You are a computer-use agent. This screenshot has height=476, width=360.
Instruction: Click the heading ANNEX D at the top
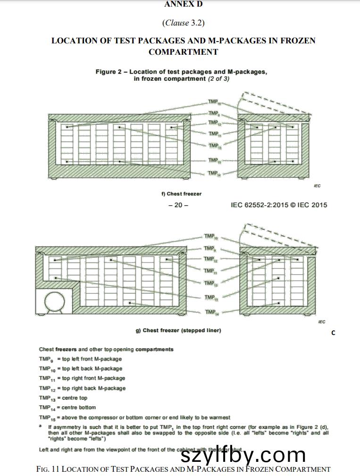pyautogui.click(x=183, y=4)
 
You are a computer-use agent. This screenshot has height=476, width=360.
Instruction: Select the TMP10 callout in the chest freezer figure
pyautogui.click(x=214, y=102)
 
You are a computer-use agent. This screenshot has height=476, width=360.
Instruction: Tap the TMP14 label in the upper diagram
pyautogui.click(x=214, y=174)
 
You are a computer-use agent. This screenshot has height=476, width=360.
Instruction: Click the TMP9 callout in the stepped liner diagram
pyautogui.click(x=210, y=248)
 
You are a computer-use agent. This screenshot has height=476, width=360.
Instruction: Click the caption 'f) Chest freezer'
pyautogui.click(x=181, y=193)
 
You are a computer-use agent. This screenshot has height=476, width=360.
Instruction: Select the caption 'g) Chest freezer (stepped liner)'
pyautogui.click(x=178, y=330)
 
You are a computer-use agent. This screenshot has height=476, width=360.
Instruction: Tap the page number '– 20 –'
pyautogui.click(x=178, y=205)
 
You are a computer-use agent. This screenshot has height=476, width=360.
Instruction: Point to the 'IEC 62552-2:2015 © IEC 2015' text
pyautogui.click(x=278, y=205)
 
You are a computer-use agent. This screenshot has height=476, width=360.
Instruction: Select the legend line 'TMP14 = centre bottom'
pyautogui.click(x=67, y=407)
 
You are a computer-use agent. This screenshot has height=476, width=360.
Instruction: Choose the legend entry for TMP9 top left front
pyautogui.click(x=80, y=359)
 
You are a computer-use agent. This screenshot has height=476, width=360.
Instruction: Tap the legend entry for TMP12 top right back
pyautogui.click(x=82, y=388)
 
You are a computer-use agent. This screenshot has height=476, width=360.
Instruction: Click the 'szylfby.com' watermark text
pyautogui.click(x=243, y=455)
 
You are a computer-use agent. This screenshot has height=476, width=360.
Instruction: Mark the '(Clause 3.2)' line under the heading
pyautogui.click(x=183, y=23)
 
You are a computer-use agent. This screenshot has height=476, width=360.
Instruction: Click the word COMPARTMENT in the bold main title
pyautogui.click(x=183, y=52)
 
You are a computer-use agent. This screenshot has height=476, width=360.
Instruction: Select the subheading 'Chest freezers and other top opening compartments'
pyautogui.click(x=106, y=349)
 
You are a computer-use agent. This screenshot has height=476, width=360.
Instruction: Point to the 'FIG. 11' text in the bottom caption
pyautogui.click(x=48, y=469)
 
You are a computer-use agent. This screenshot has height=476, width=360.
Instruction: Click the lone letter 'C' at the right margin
pyautogui.click(x=333, y=333)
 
